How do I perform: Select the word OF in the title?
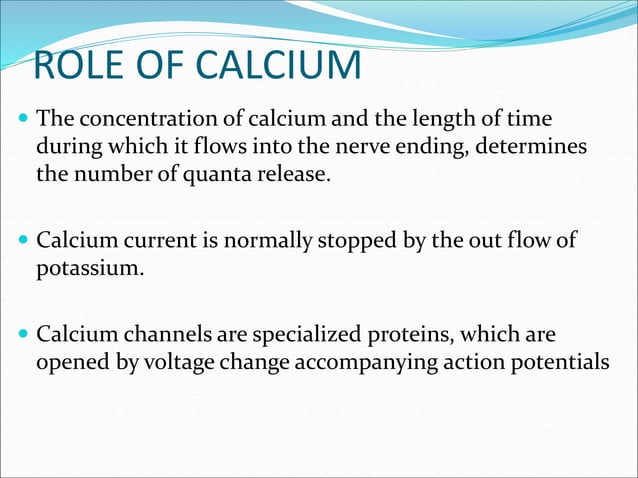(x=161, y=67)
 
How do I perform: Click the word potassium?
(x=85, y=268)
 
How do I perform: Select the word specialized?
(x=289, y=334)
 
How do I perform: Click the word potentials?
(x=554, y=361)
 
